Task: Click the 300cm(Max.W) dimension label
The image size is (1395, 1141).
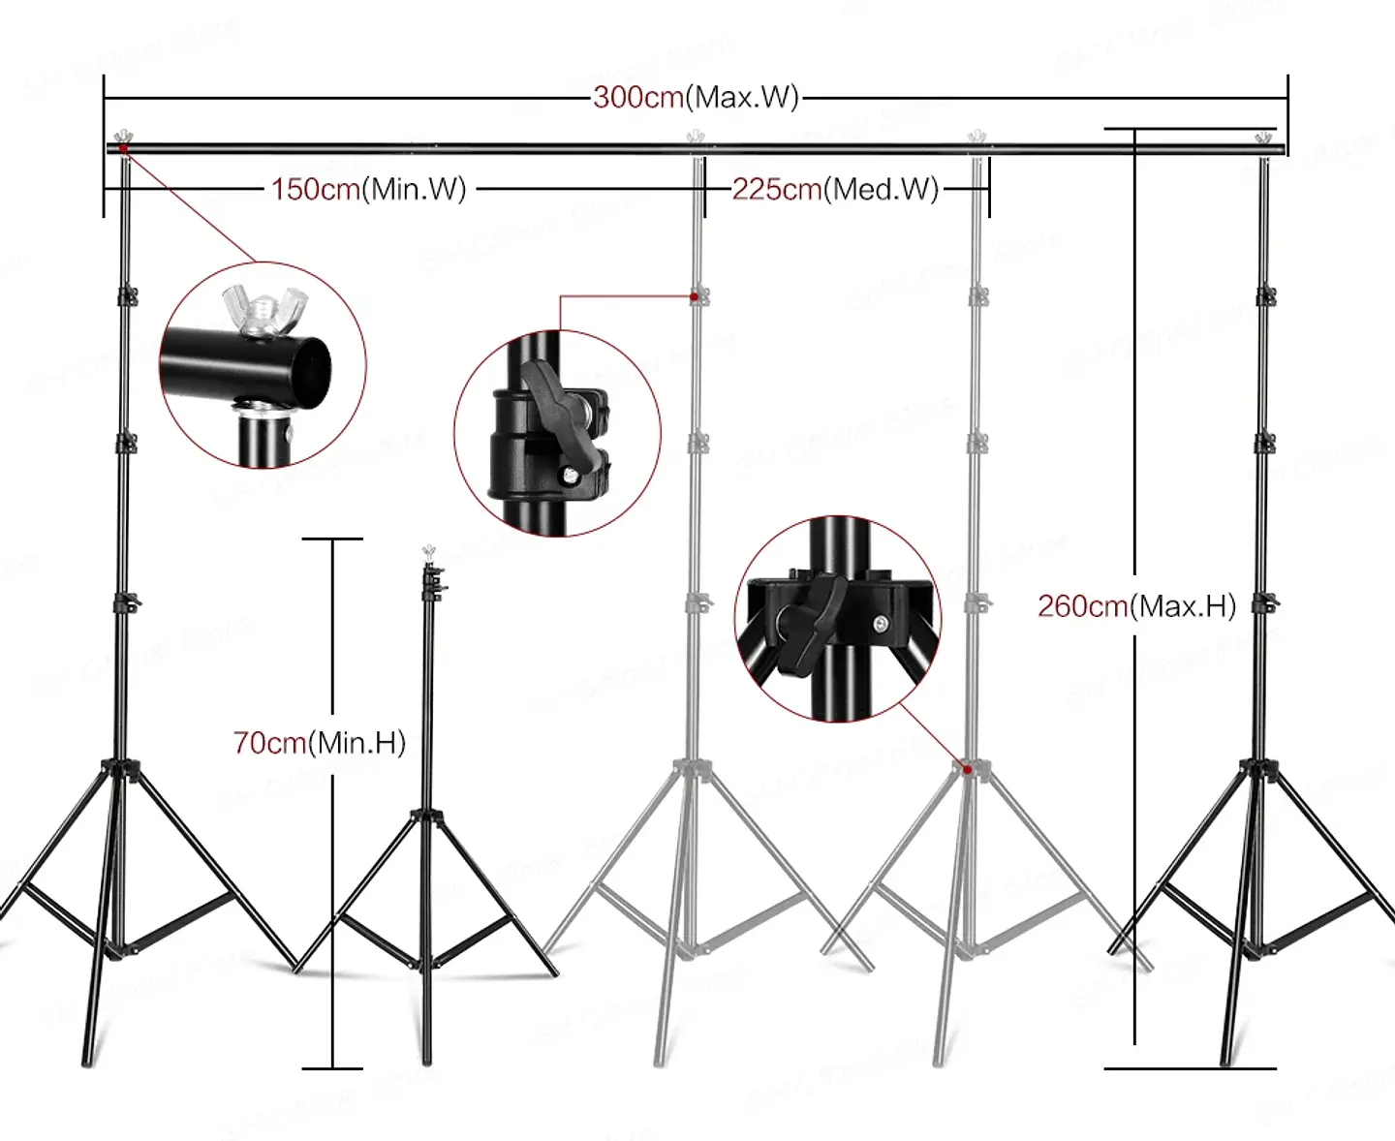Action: click(696, 98)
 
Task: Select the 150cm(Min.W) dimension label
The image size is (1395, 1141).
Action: click(368, 189)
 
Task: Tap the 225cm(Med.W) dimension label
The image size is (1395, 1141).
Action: click(835, 189)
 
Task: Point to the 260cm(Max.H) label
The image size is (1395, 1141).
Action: click(1136, 606)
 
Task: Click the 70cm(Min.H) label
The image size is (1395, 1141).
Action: click(319, 743)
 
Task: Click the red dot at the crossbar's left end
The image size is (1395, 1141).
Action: click(122, 148)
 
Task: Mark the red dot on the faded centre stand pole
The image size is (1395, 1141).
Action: click(694, 295)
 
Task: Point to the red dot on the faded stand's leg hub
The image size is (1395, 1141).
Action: click(966, 769)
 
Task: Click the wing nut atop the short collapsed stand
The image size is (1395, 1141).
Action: click(426, 552)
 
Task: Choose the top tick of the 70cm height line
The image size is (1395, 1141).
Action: click(332, 539)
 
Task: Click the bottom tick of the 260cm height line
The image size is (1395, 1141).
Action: click(1190, 1068)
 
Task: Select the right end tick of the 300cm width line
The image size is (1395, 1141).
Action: click(1287, 97)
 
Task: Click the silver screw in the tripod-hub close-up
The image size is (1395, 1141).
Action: click(880, 624)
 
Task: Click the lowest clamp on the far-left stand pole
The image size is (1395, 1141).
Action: click(127, 603)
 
